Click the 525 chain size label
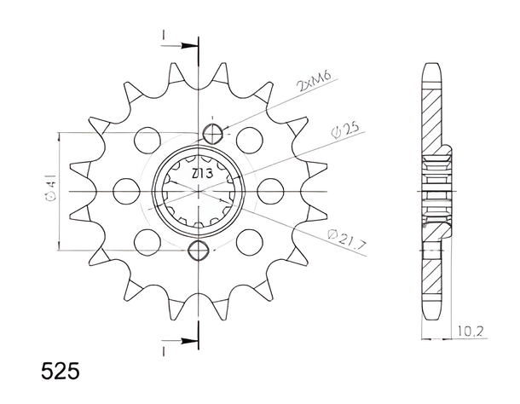60,371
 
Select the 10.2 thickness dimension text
471,331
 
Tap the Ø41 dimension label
51,188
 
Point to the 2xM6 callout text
314,82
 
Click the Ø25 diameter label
345,130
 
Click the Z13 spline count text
202,174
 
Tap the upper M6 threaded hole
212,134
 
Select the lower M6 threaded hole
199,250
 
